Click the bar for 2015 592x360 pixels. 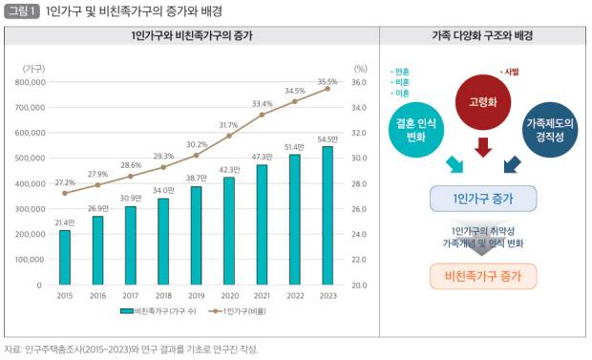(x=65, y=257)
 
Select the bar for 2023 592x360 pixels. (x=328, y=215)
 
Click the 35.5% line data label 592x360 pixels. (x=328, y=82)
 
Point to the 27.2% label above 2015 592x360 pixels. (x=65, y=181)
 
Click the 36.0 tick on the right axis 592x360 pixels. (x=360, y=82)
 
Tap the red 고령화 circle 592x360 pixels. (x=482, y=100)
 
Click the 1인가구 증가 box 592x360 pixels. (x=483, y=199)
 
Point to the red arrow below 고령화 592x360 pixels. (x=483, y=147)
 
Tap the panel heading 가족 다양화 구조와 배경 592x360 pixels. (x=482, y=35)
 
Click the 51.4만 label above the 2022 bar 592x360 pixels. (x=294, y=146)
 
